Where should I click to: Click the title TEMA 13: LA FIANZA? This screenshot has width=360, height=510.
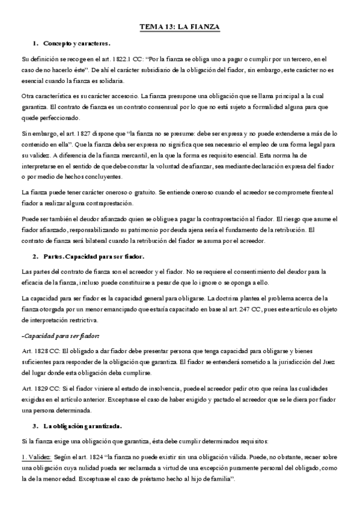pyautogui.click(x=179, y=27)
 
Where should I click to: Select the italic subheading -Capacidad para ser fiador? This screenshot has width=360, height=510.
pyautogui.click(x=60, y=335)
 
